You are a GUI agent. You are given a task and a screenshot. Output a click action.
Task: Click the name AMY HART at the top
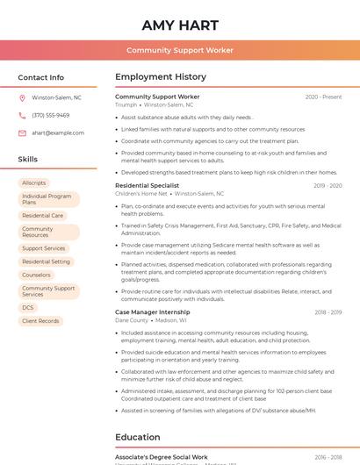click(x=180, y=25)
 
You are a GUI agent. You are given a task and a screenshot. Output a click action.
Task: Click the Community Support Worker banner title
click(x=180, y=50)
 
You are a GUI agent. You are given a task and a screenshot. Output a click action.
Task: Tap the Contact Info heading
click(x=41, y=77)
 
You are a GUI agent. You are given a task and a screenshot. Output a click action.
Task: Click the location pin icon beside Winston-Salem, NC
click(x=22, y=97)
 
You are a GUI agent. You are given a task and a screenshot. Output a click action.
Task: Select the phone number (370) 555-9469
click(x=51, y=115)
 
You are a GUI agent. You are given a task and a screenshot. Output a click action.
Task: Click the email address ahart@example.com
click(x=58, y=132)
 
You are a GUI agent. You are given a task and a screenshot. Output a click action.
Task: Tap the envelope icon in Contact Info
click(x=22, y=132)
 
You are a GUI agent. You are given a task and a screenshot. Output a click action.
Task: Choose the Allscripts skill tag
click(x=34, y=182)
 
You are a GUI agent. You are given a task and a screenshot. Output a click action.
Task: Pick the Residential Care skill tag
click(x=42, y=215)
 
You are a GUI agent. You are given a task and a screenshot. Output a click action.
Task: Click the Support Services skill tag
click(x=44, y=248)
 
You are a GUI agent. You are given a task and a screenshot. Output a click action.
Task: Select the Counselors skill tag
click(x=37, y=275)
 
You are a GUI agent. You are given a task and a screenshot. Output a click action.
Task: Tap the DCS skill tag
click(x=28, y=308)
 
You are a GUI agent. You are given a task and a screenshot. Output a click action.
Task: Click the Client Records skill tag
click(x=40, y=321)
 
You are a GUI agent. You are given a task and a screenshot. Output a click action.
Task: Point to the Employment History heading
click(x=161, y=77)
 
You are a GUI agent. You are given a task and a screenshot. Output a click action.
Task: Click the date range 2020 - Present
click(x=323, y=97)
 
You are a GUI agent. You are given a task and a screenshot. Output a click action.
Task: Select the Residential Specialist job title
click(x=147, y=185)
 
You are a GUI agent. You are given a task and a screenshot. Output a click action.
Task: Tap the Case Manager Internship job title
click(x=152, y=312)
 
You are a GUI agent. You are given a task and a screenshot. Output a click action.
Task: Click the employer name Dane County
click(x=132, y=320)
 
